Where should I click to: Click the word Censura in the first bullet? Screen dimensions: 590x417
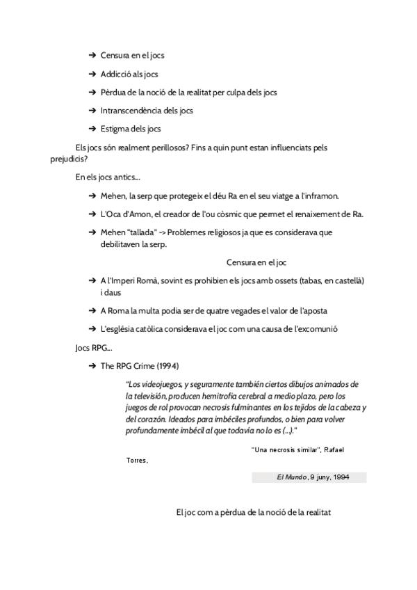tap(115, 55)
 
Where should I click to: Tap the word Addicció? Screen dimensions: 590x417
tap(115, 74)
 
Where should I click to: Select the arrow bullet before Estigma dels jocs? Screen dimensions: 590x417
tap(92, 129)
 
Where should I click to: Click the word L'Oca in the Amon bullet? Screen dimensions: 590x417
tap(111, 214)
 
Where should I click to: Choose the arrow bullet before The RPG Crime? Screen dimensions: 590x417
tap(92, 365)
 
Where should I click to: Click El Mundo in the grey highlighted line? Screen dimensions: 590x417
tap(288, 478)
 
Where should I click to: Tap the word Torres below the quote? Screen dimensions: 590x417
tap(136, 460)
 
